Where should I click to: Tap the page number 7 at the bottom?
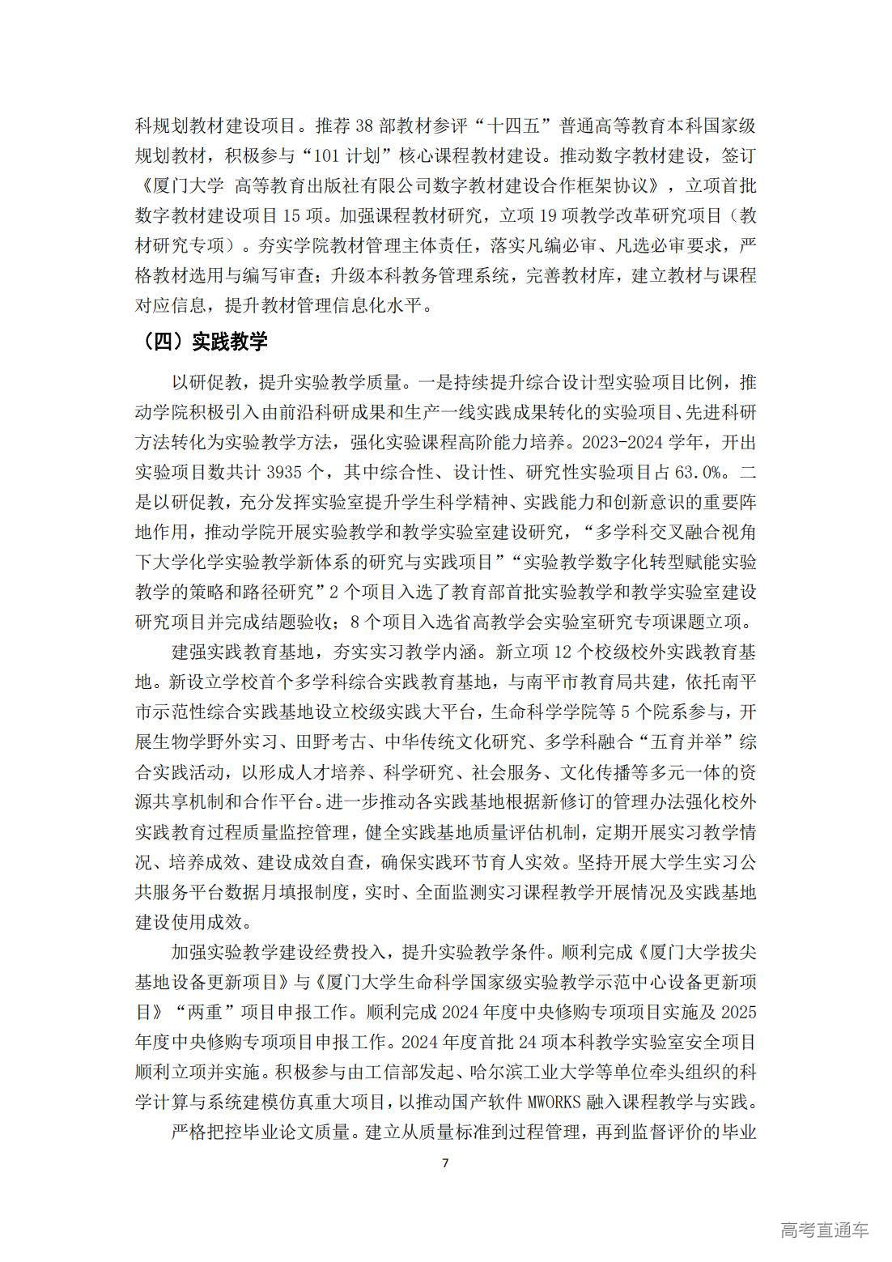pyautogui.click(x=444, y=1163)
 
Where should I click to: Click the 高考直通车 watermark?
pyautogui.click(x=825, y=1230)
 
